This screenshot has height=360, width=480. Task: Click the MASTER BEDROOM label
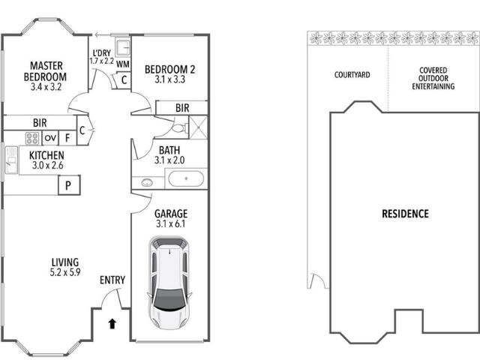(x=44, y=70)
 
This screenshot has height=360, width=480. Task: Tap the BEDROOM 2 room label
(x=169, y=70)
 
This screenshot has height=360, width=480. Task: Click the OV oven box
(x=50, y=138)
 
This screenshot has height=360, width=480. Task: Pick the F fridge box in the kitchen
(x=67, y=138)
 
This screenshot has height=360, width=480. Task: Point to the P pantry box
(x=68, y=184)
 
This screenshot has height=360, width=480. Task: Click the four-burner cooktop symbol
(x=32, y=138)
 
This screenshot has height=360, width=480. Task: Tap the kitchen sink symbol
(x=11, y=160)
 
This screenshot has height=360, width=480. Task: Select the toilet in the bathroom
(x=169, y=127)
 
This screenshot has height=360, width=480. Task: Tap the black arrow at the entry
(x=112, y=324)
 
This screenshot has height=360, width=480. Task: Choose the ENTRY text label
(x=112, y=280)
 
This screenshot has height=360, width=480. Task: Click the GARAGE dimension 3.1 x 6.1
(x=169, y=223)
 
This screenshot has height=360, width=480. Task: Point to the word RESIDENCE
(x=405, y=214)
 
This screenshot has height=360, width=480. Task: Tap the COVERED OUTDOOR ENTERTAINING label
(x=433, y=79)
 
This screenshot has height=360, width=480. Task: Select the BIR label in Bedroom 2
(x=181, y=109)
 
